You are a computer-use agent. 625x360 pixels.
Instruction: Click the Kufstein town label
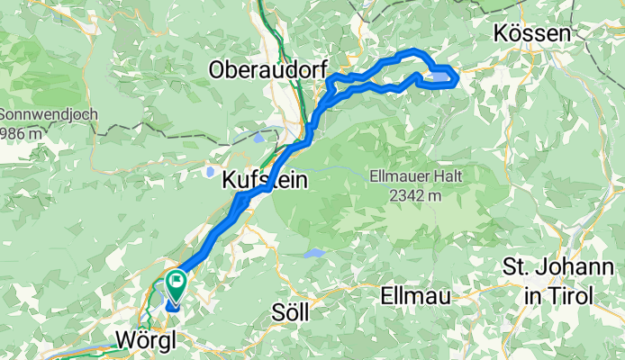click(264, 181)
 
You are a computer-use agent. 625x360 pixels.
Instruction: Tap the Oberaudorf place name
click(261, 68)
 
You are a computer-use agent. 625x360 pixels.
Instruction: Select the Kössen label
click(532, 33)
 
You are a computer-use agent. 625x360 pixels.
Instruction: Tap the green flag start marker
click(175, 287)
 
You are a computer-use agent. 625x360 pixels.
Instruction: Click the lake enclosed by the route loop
click(438, 77)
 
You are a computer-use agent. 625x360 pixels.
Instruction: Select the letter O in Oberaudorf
click(217, 68)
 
